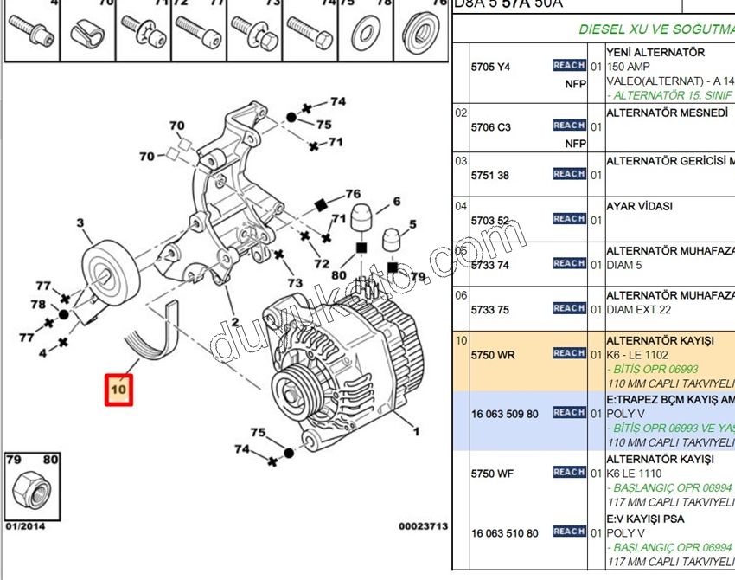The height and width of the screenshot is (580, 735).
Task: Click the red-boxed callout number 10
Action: point(118,390)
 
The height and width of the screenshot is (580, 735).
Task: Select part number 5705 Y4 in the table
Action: point(490,67)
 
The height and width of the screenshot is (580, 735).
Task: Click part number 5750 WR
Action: point(493,354)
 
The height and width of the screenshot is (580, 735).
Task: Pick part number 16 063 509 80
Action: point(504,414)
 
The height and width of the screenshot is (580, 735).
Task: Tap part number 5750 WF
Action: point(493,474)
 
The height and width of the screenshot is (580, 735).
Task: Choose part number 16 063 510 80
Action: point(504,533)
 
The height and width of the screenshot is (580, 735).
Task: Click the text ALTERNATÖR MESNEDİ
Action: point(667,113)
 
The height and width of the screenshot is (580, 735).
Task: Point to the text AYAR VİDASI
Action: point(639,206)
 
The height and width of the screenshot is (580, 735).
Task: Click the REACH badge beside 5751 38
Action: point(569,174)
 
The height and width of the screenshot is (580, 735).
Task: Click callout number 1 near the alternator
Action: point(416,430)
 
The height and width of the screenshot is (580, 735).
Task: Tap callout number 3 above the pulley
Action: point(80,223)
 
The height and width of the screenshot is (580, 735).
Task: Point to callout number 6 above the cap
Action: point(396,202)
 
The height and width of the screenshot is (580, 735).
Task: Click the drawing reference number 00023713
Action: point(423,525)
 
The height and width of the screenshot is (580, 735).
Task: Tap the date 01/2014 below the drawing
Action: point(24,525)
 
